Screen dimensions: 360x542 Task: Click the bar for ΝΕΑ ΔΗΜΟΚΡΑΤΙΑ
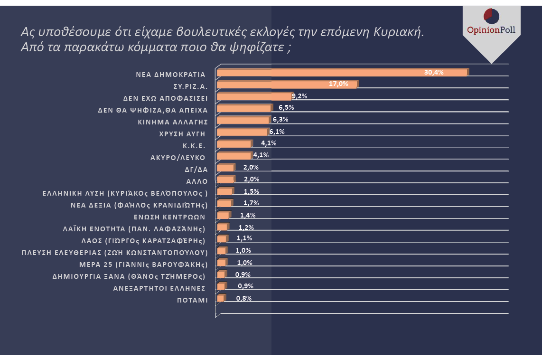point(342,73)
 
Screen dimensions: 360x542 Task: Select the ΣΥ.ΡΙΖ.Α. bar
point(287,85)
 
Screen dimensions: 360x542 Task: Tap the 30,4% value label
point(434,72)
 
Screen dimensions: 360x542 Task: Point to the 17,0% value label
point(338,84)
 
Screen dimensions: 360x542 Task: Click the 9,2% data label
point(299,96)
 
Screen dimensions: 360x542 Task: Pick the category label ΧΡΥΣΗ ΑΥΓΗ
point(182,134)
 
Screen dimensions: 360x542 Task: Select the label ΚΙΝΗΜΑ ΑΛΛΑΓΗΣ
point(173,122)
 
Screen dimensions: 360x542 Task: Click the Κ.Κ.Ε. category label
point(194,146)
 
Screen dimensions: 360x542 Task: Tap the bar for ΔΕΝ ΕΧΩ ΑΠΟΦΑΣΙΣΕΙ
point(254,96)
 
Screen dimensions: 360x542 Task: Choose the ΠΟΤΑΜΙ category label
point(192,300)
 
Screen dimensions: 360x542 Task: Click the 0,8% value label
point(243,298)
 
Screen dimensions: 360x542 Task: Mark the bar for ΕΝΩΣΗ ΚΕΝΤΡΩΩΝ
point(223,215)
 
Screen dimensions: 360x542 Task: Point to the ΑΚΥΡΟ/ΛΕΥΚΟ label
point(178,158)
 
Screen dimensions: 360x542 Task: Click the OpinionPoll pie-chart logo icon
point(491,16)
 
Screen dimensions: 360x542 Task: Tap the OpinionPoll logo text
point(491,30)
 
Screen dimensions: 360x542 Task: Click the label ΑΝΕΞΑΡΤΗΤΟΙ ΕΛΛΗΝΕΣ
point(159,288)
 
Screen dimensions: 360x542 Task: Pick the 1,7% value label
point(251,203)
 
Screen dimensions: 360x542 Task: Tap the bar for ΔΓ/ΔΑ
point(225,168)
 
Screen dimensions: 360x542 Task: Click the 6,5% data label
point(286,107)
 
